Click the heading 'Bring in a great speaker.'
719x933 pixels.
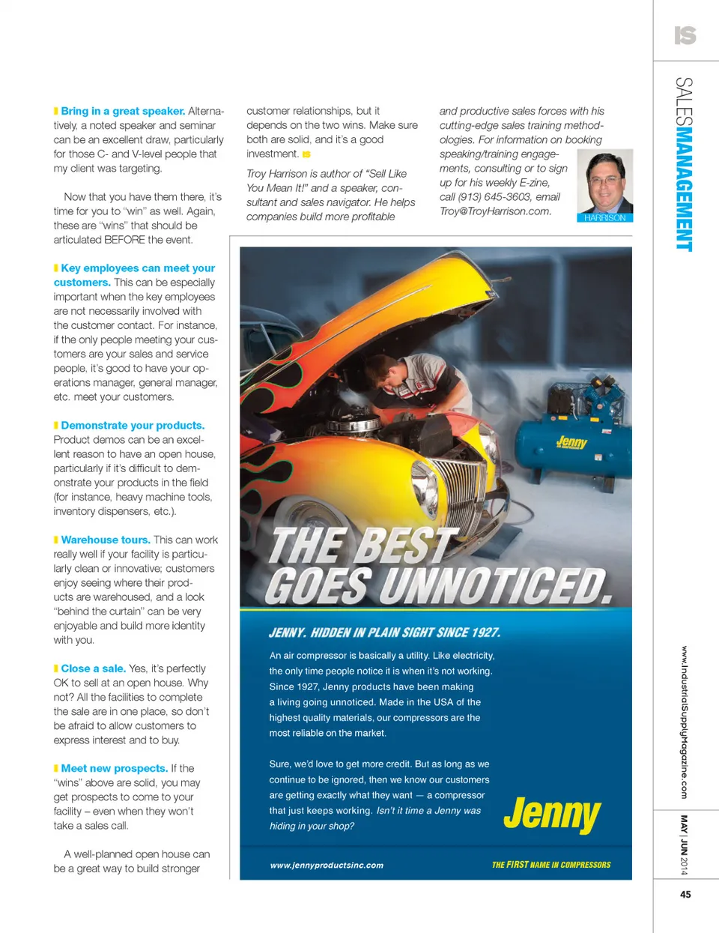pyautogui.click(x=123, y=111)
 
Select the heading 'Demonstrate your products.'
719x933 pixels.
pyautogui.click(x=133, y=426)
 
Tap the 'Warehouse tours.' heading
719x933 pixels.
pyautogui.click(x=106, y=540)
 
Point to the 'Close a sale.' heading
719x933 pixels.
pyautogui.click(x=93, y=668)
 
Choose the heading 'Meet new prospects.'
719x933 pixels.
pyautogui.click(x=114, y=769)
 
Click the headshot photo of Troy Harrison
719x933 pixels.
pyautogui.click(x=605, y=181)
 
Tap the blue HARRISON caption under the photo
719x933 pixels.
pyautogui.click(x=605, y=218)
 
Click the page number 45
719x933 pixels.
pyautogui.click(x=685, y=894)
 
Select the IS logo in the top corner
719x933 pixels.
pyautogui.click(x=685, y=35)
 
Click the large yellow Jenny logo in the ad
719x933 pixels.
pyautogui.click(x=552, y=813)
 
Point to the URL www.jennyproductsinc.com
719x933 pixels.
pyautogui.click(x=327, y=866)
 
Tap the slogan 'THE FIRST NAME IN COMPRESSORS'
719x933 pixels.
pyautogui.click(x=550, y=865)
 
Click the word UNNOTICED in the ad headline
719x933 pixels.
pyautogui.click(x=494, y=586)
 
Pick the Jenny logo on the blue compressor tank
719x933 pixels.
pyautogui.click(x=571, y=442)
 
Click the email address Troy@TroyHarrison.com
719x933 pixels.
pyautogui.click(x=495, y=211)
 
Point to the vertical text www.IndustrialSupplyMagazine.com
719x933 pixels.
pyautogui.click(x=684, y=722)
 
